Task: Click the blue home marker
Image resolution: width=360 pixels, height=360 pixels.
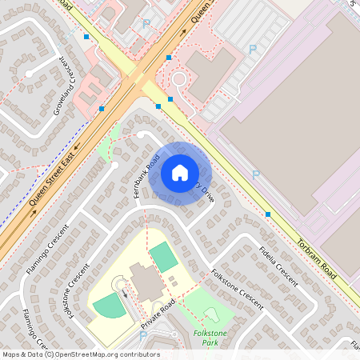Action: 180,173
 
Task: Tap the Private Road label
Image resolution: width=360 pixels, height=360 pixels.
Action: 158,316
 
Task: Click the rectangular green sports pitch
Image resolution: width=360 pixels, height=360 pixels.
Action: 164,257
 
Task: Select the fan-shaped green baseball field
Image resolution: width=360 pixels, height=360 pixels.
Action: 108,305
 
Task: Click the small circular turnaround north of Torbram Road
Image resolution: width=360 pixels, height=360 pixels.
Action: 178,79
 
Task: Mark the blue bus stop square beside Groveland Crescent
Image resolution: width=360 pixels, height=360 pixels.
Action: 102,108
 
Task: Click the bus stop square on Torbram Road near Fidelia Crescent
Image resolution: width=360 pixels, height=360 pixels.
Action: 267,214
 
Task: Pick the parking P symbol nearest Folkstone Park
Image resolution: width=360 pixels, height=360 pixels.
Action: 143,335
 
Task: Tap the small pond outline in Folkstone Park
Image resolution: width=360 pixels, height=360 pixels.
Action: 211,314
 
